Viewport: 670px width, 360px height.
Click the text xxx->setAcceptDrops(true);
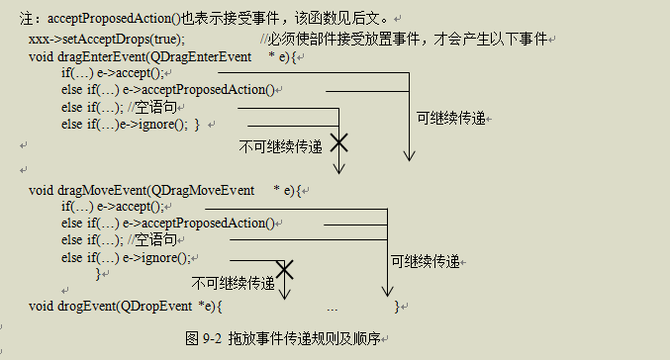pos(105,38)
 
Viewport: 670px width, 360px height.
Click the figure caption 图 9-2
pos(203,338)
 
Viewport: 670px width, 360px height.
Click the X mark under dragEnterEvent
pos(338,143)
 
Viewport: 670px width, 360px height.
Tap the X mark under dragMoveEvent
pos(285,269)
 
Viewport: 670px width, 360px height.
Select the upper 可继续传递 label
pos(451,118)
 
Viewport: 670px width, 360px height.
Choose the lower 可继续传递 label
pos(426,262)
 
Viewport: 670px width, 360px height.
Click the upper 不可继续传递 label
pos(281,146)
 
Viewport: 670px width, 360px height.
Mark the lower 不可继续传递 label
pos(234,283)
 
